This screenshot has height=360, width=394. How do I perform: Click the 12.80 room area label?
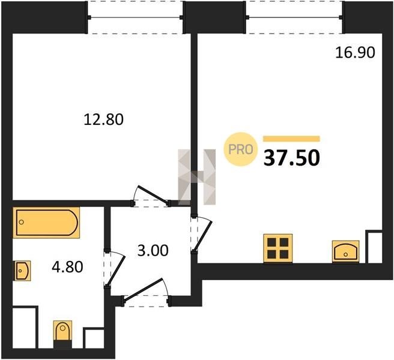[x=103, y=119]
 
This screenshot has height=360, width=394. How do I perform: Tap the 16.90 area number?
[x=355, y=53]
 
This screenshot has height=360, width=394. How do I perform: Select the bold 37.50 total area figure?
[x=292, y=158]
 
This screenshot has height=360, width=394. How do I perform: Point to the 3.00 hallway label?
[x=153, y=251]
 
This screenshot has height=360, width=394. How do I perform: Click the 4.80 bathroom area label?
[x=67, y=267]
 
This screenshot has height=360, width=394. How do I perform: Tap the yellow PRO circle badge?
[x=241, y=149]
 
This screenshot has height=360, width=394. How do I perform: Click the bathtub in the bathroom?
[x=46, y=223]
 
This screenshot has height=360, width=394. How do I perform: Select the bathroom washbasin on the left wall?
[x=22, y=271]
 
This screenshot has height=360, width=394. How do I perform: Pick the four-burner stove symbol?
[x=278, y=248]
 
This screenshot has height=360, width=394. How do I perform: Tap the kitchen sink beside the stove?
[x=346, y=251]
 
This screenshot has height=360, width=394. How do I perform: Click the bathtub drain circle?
[x=22, y=222]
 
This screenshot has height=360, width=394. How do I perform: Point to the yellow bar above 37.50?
[x=291, y=139]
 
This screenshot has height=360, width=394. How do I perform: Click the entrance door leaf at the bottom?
[x=144, y=289]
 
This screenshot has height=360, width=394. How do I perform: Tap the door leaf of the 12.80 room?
[x=152, y=194]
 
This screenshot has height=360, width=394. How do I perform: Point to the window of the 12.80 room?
[x=136, y=17]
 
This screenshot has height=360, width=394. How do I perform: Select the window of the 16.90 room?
[x=294, y=17]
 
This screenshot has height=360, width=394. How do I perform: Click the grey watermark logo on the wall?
[x=197, y=177]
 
